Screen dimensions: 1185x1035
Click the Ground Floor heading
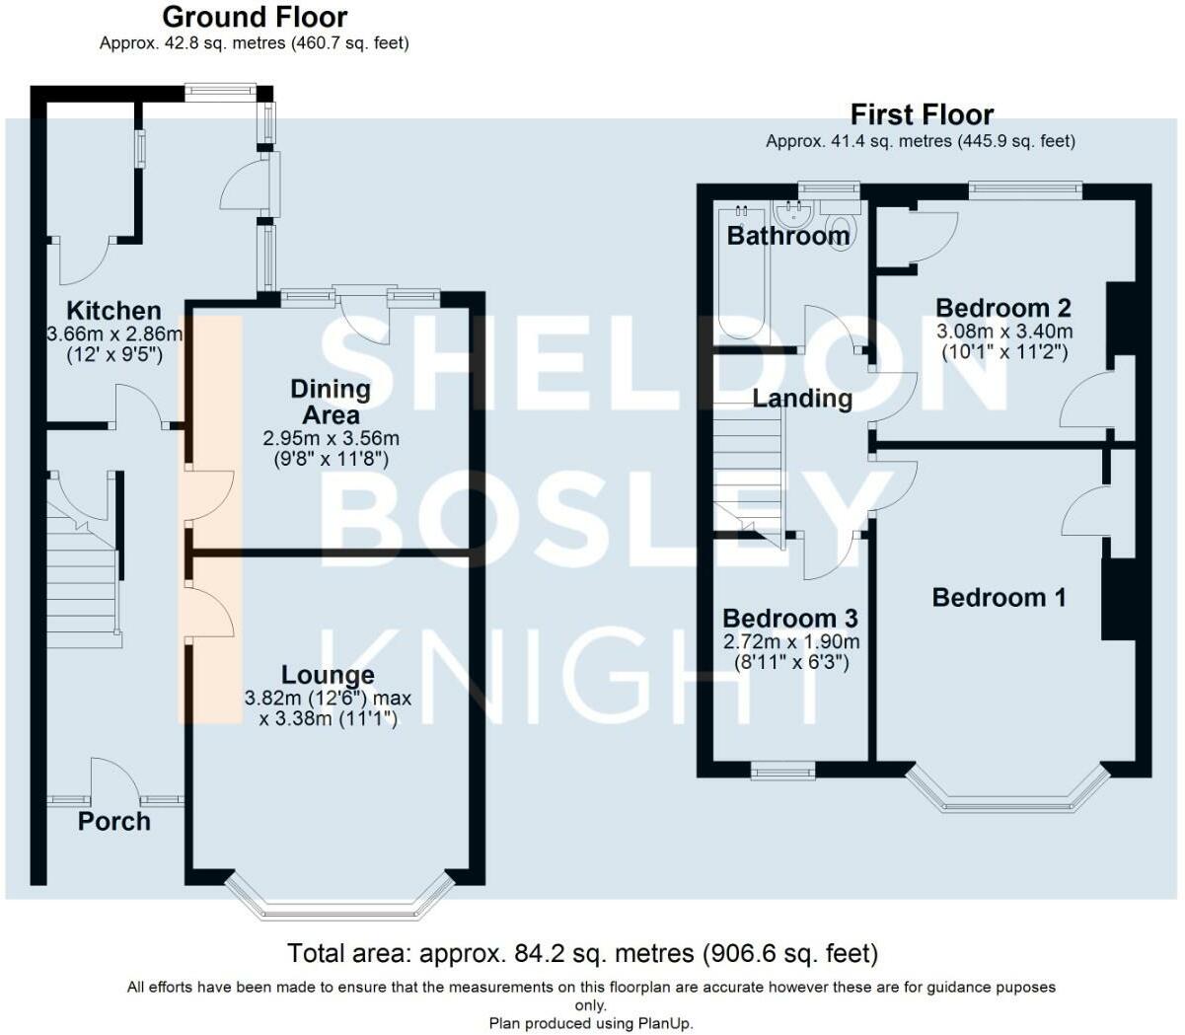(x=255, y=18)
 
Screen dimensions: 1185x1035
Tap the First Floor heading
(x=922, y=114)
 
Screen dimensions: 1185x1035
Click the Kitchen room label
(x=114, y=311)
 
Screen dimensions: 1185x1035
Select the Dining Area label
(x=331, y=402)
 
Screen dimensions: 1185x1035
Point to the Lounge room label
(x=328, y=675)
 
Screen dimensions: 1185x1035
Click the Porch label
(x=114, y=822)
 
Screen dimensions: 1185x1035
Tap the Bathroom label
(x=788, y=236)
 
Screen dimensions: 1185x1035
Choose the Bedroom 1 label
(x=1000, y=598)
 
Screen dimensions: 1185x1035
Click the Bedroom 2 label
(x=1003, y=308)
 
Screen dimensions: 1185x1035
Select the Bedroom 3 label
(x=790, y=619)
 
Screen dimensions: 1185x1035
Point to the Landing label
(x=802, y=399)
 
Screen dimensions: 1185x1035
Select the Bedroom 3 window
(x=783, y=771)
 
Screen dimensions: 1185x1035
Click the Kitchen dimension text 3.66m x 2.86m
(x=114, y=334)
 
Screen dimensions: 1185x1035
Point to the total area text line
(x=583, y=953)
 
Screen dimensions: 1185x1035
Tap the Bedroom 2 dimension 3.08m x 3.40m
(x=1004, y=332)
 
